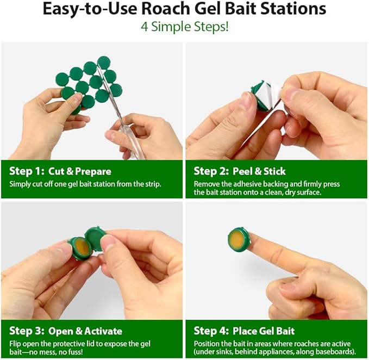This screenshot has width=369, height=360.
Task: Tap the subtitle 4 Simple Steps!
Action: pos(184,27)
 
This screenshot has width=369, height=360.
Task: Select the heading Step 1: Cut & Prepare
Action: pos(60,171)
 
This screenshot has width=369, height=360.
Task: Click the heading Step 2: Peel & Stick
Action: pos(240,171)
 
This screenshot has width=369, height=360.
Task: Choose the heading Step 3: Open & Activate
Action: pos(66,331)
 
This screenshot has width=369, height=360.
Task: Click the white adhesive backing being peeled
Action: pos(274,95)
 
